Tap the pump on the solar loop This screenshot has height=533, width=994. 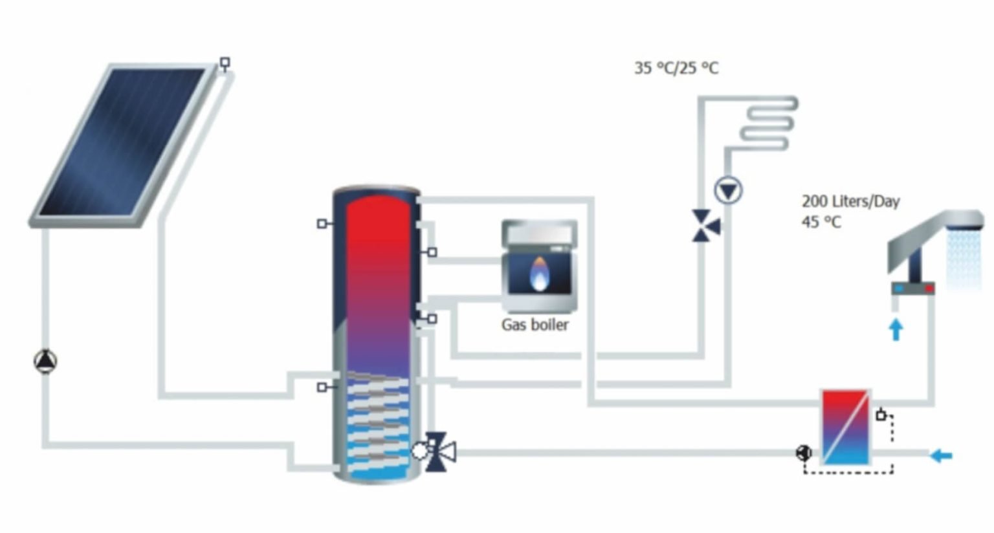[x=45, y=362]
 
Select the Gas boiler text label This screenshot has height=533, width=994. [x=535, y=325]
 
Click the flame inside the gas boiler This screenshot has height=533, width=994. [x=538, y=274]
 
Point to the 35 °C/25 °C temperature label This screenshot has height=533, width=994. [x=676, y=68]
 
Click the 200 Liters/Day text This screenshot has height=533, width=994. [x=851, y=202]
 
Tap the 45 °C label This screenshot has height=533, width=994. [x=821, y=222]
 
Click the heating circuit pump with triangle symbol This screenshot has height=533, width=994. [x=728, y=191]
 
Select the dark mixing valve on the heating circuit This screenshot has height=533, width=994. [x=705, y=226]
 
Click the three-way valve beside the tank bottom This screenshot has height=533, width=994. [x=440, y=450]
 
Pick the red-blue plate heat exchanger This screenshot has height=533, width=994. [x=845, y=427]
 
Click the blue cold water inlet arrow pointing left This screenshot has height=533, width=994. [x=942, y=456]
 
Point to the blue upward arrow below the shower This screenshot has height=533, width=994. [x=896, y=329]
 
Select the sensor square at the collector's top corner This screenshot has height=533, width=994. [x=225, y=63]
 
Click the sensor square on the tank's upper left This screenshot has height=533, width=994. [x=322, y=224]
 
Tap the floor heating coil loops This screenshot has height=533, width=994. [x=767, y=123]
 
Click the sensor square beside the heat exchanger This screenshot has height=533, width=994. [x=881, y=415]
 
